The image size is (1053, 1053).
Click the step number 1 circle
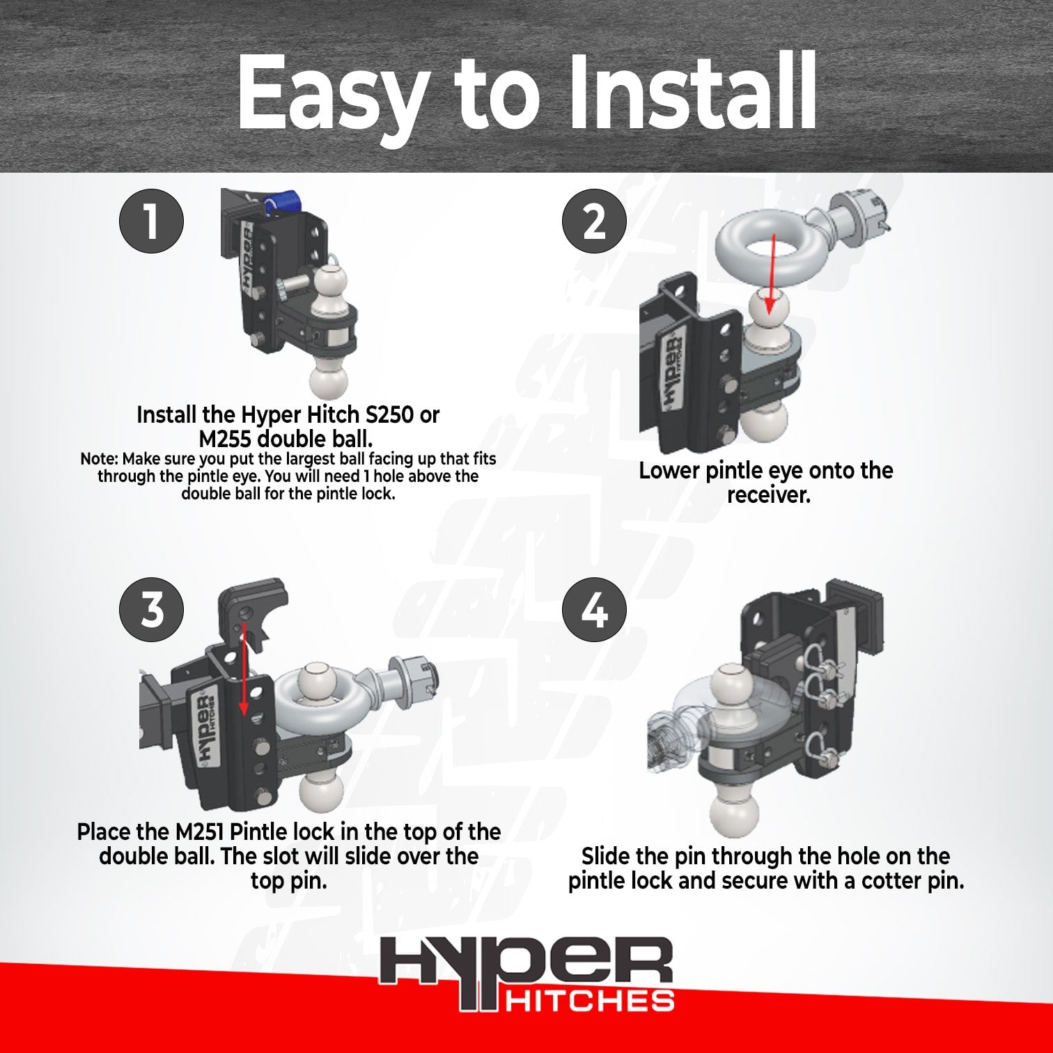[151, 221]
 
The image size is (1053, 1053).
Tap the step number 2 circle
[594, 221]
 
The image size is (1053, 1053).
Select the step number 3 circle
[151, 610]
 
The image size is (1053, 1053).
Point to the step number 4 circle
[594, 610]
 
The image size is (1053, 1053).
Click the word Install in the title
[691, 92]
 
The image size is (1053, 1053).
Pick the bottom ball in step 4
[733, 808]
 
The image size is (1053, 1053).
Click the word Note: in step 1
[100, 460]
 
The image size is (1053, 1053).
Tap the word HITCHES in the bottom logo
[589, 1001]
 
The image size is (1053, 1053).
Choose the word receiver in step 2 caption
[769, 495]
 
